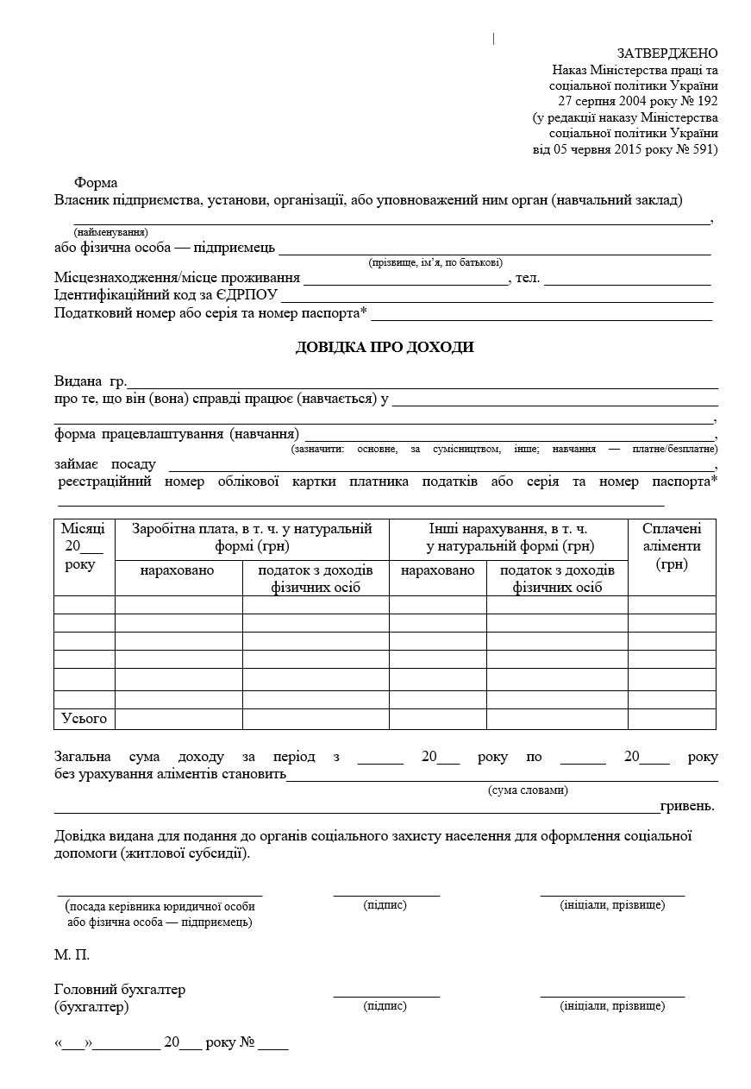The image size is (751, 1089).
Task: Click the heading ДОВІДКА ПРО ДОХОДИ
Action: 385,348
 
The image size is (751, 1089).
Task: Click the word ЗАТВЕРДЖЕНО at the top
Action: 667,54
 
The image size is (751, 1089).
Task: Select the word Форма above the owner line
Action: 96,183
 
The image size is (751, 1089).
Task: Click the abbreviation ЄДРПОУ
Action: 247,295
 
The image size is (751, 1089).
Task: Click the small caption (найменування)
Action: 110,232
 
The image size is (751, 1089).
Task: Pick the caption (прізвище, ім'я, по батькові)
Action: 435,262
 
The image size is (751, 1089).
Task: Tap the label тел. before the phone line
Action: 528,278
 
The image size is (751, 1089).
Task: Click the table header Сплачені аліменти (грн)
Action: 672,546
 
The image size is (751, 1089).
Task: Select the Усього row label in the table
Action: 84,718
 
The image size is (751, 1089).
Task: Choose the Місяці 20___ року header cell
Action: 84,546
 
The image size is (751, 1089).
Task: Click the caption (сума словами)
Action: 528,790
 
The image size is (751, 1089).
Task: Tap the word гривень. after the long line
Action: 687,807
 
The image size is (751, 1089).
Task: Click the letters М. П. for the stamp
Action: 72,955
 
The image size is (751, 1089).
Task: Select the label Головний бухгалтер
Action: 120,990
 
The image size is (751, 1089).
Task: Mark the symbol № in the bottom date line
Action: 247,1042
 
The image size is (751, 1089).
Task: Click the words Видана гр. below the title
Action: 91,381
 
